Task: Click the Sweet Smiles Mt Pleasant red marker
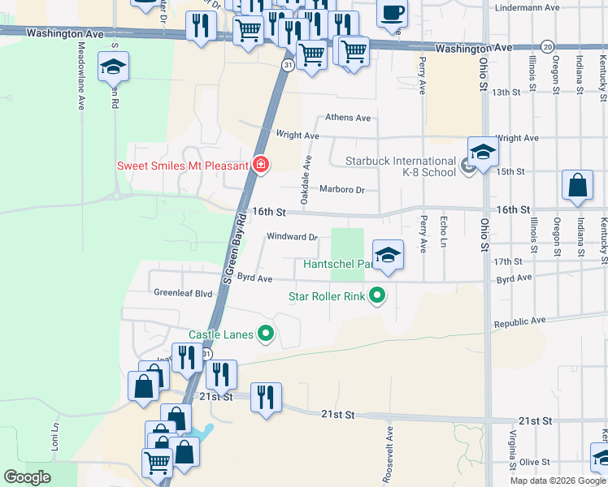click(x=261, y=165)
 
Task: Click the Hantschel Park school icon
click(x=389, y=256)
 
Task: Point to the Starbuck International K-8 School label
click(x=401, y=166)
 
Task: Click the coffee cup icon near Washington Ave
click(x=393, y=15)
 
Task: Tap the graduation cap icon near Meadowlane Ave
click(x=113, y=68)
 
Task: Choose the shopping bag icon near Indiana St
click(x=577, y=186)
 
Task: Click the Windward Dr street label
click(x=292, y=237)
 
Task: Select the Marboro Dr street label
click(x=342, y=190)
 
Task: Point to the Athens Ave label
click(x=348, y=118)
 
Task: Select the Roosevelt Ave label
click(x=389, y=454)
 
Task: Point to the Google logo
click(x=27, y=477)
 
